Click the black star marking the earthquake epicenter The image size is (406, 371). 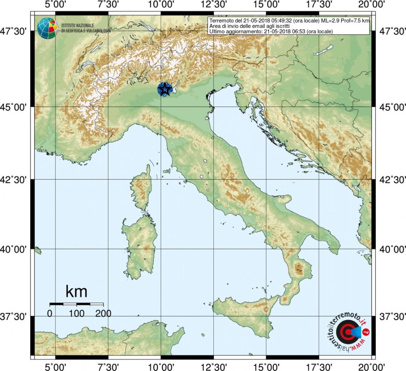(164, 89)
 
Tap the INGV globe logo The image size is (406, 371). (48, 28)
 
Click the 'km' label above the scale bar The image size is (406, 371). (76, 292)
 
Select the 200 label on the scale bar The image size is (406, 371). (103, 314)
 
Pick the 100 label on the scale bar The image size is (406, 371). (77, 314)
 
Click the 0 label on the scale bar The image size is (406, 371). (50, 314)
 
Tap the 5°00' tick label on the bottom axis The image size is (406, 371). (56, 365)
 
